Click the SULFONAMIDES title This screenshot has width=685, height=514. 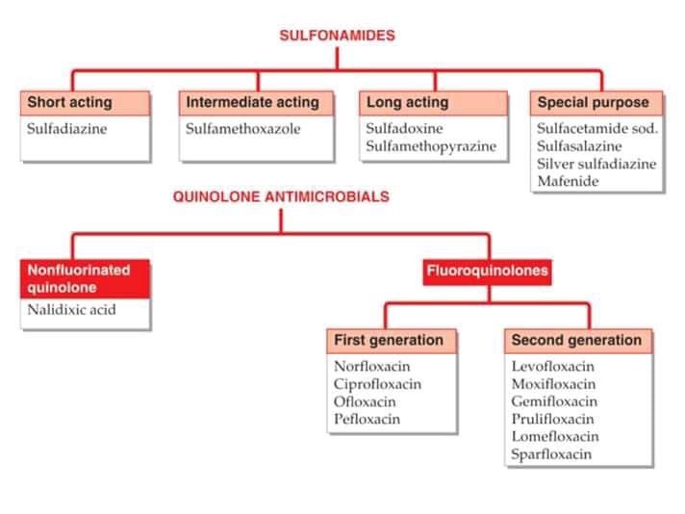tap(337, 36)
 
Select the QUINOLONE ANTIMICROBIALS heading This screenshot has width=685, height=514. tap(281, 196)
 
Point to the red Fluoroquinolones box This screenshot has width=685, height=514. tap(488, 270)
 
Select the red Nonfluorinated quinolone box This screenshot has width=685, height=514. tap(85, 278)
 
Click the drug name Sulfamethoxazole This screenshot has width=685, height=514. tap(243, 128)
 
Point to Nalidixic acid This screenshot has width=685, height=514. tap(72, 310)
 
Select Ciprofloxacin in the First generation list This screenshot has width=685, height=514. tap(377, 384)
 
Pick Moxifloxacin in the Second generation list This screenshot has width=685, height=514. tap(553, 384)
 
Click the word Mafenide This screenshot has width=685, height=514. tap(568, 181)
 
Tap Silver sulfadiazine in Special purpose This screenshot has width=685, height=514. tap(596, 164)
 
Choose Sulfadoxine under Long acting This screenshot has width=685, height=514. tap(404, 128)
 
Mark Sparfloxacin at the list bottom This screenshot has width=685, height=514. tap(551, 454)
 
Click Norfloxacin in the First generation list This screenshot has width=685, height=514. tap(372, 367)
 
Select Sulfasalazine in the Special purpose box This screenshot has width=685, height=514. tap(579, 146)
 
